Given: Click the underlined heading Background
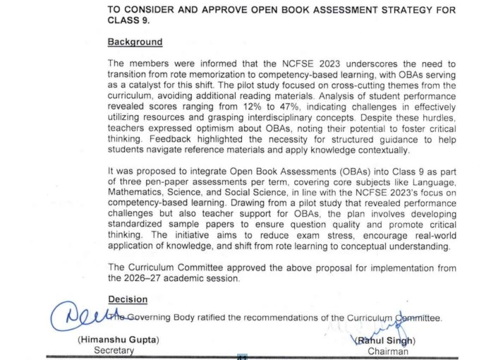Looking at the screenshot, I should pyautogui.click(x=135, y=42).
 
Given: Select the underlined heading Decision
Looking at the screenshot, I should pyautogui.click(x=128, y=299).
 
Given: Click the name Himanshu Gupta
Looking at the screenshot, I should pyautogui.click(x=119, y=340).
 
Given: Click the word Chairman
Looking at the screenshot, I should pyautogui.click(x=387, y=351).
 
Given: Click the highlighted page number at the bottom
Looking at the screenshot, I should pyautogui.click(x=242, y=357).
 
